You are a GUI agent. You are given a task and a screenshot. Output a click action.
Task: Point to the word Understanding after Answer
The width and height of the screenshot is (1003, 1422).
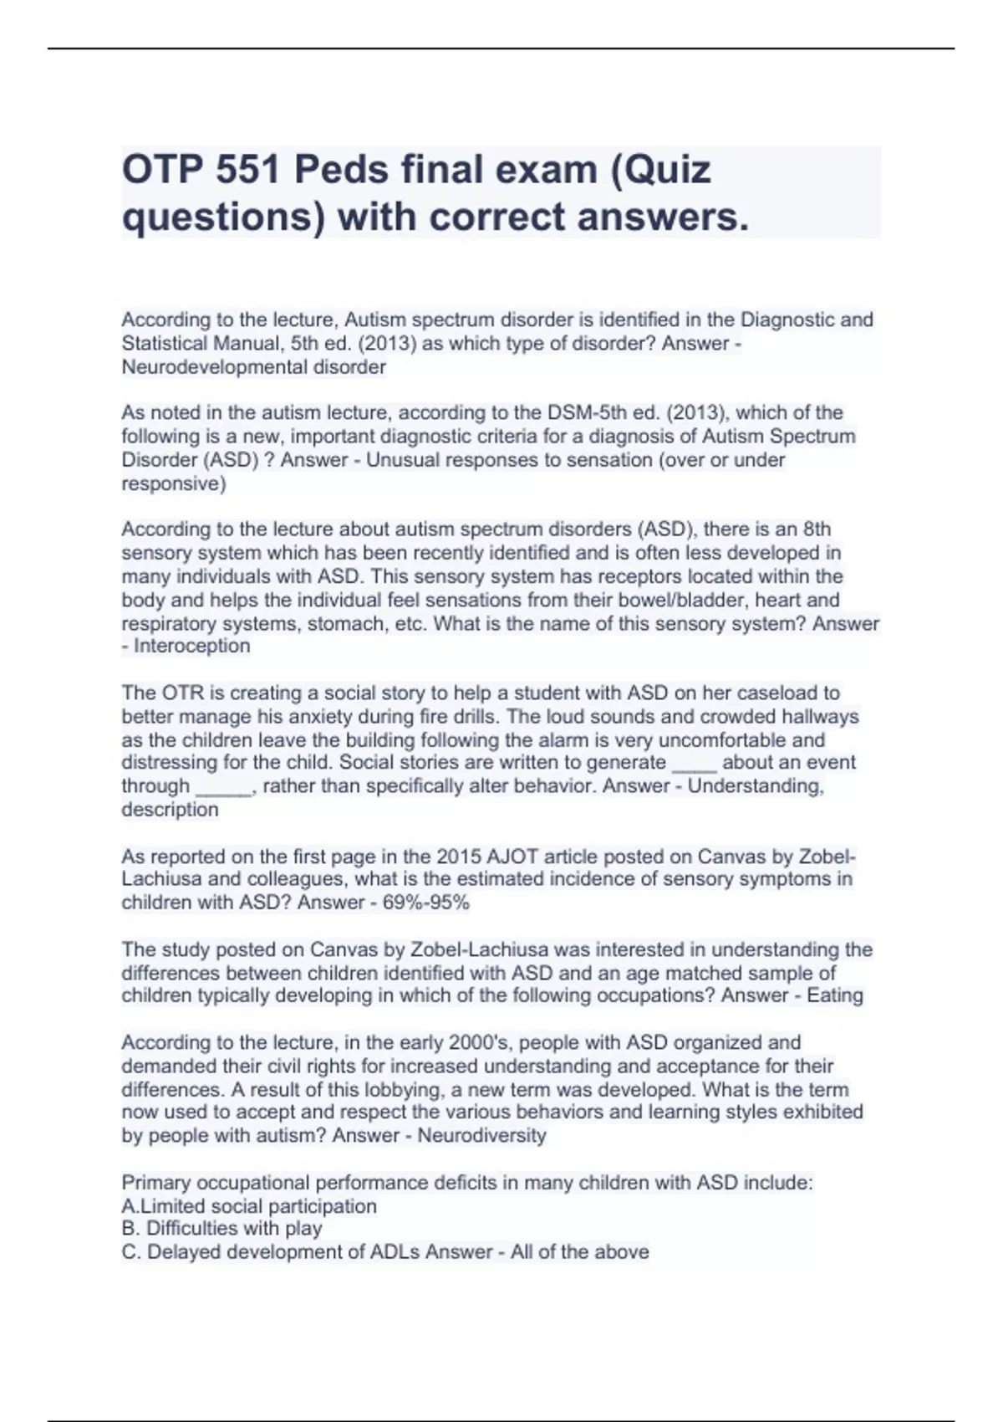point(756,786)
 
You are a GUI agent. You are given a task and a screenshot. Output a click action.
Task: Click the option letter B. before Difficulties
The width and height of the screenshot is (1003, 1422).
point(130,1228)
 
